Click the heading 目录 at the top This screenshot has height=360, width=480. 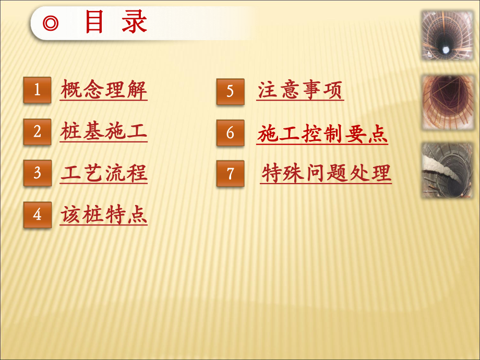(x=116, y=23)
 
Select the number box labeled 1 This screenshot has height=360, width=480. (x=37, y=90)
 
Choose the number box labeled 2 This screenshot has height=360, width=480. (x=37, y=131)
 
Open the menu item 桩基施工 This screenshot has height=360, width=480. (x=104, y=131)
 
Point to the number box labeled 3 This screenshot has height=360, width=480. (x=37, y=173)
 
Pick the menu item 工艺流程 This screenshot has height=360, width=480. (x=104, y=173)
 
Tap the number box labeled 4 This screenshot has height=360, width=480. (x=37, y=214)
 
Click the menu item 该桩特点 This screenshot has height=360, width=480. (x=104, y=214)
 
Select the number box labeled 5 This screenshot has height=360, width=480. (x=230, y=91)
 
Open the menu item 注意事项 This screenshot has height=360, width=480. (x=301, y=90)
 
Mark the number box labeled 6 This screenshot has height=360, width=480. (x=230, y=133)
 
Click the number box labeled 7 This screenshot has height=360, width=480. (x=230, y=173)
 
